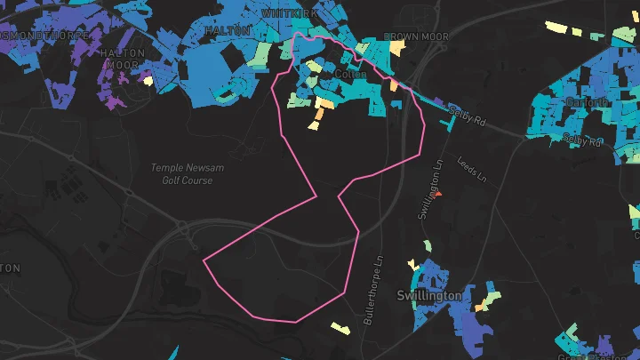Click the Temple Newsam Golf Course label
[181, 173]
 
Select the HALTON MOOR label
[122, 59]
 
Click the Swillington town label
[429, 295]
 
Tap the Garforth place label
[587, 102]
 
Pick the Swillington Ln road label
[428, 191]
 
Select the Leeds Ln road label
[472, 169]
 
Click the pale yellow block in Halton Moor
[148, 81]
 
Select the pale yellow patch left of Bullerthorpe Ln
[339, 327]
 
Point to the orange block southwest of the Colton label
[324, 104]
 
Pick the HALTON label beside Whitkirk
[221, 30]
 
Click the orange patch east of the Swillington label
[481, 307]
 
